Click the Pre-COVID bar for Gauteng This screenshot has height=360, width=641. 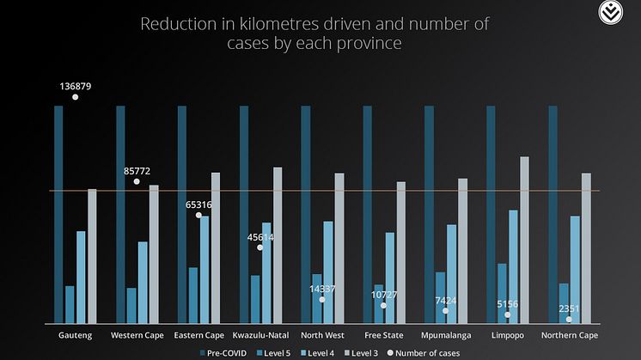58,214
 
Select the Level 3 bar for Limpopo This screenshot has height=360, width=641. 524,240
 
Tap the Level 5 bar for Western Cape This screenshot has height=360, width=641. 131,305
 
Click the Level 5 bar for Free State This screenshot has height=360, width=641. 379,303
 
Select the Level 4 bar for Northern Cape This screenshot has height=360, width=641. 575,269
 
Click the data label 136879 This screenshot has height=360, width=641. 76,87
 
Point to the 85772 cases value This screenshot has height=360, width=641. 137,171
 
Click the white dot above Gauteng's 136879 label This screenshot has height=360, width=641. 76,97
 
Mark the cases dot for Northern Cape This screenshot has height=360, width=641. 569,319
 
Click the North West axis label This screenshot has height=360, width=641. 323,335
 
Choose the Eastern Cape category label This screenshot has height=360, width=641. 198,335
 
